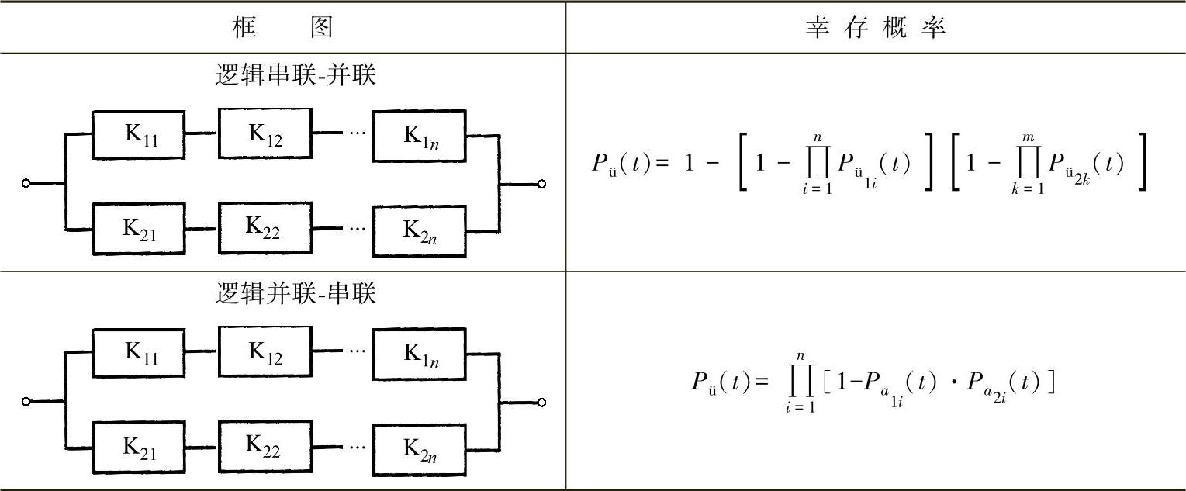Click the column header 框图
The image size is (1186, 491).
pyautogui.click(x=283, y=28)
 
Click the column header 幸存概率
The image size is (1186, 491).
pyautogui.click(x=875, y=28)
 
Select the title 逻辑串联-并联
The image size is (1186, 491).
pyautogui.click(x=296, y=76)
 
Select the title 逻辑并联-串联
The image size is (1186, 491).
pyautogui.click(x=296, y=294)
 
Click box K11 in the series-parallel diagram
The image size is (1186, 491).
pyautogui.click(x=140, y=135)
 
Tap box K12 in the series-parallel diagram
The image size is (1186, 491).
pyautogui.click(x=265, y=135)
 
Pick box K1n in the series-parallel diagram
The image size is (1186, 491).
pyautogui.click(x=420, y=135)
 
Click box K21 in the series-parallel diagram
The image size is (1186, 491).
pyautogui.click(x=140, y=230)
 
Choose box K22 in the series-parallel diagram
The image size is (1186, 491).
pyautogui.click(x=265, y=229)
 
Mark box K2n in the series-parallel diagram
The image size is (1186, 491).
pyautogui.click(x=420, y=230)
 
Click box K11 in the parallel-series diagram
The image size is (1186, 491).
pyautogui.click(x=140, y=352)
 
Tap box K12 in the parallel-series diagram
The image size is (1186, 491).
pyautogui.click(x=265, y=351)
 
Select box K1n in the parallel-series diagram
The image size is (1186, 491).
pyautogui.click(x=420, y=353)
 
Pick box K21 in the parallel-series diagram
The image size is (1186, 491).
pyautogui.click(x=140, y=447)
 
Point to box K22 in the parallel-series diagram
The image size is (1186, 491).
pyautogui.click(x=265, y=445)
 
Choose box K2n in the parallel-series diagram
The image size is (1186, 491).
pyautogui.click(x=420, y=448)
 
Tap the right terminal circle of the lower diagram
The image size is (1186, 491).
pyautogui.click(x=541, y=402)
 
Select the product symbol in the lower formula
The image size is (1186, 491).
pyautogui.click(x=800, y=382)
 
